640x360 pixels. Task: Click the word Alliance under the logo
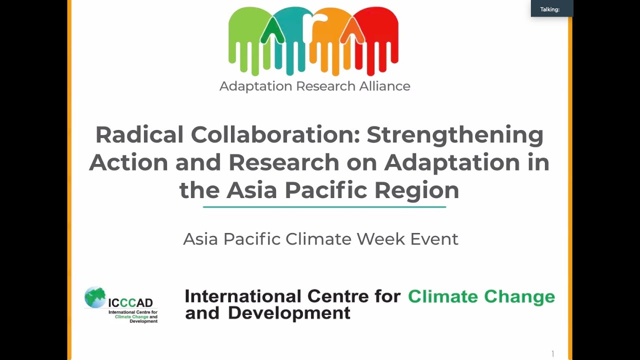point(384,86)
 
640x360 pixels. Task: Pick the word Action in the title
point(127,162)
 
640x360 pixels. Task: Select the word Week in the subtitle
point(381,239)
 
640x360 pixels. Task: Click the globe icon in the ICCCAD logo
point(95,297)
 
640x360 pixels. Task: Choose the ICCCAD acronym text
point(130,302)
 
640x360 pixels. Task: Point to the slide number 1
point(553,354)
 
